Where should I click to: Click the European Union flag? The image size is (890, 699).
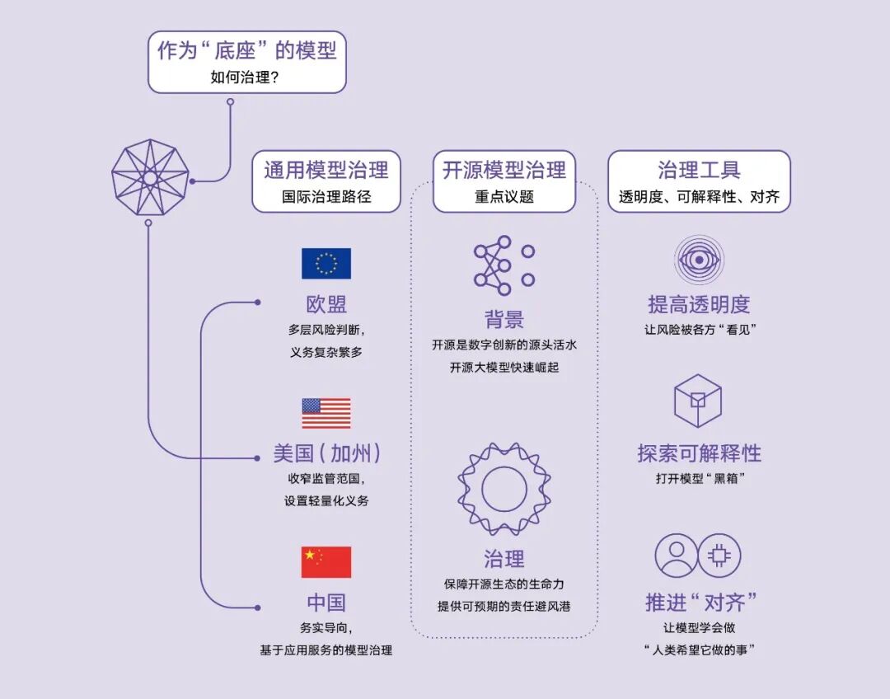(x=326, y=264)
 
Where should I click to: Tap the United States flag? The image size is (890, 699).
(x=326, y=414)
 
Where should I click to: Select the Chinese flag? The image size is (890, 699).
(x=326, y=562)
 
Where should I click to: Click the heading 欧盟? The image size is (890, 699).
(x=326, y=304)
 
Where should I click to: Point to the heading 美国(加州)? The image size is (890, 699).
(x=326, y=453)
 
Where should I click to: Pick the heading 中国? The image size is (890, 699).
(x=326, y=603)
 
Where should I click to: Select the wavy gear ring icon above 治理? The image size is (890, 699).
(x=504, y=489)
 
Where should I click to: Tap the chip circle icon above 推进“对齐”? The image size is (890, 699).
(x=720, y=555)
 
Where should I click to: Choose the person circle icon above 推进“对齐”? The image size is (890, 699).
(x=677, y=555)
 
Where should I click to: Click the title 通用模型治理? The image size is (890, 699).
(x=326, y=171)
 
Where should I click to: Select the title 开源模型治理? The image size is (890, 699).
(x=504, y=171)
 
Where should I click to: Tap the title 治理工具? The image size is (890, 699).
(x=699, y=171)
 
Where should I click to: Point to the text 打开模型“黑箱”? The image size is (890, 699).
(x=699, y=478)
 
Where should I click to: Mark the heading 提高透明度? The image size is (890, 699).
(x=699, y=304)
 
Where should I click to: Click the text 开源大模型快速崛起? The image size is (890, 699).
(x=504, y=368)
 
